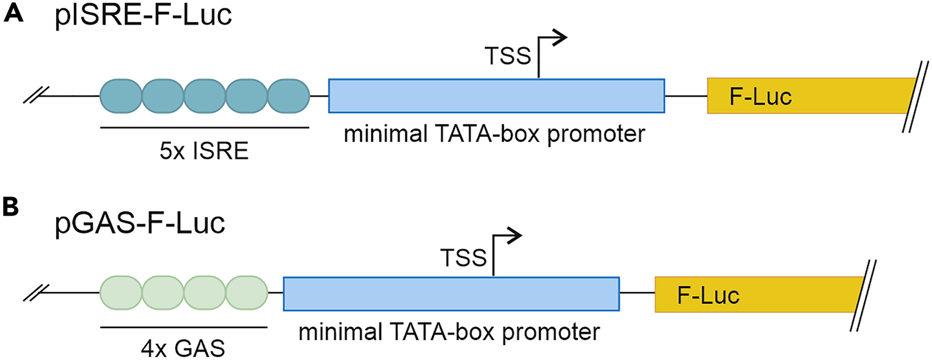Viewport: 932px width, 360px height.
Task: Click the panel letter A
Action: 13,12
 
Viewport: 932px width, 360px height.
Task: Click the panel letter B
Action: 11,207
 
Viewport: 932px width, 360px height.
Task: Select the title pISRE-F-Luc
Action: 143,15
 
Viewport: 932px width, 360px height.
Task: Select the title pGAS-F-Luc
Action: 140,223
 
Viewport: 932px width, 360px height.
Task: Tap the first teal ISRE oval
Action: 121,96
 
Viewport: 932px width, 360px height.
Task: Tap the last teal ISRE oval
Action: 288,96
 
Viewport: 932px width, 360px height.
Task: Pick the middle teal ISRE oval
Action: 204,96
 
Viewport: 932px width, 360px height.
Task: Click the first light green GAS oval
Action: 121,293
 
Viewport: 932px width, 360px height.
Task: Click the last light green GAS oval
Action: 246,293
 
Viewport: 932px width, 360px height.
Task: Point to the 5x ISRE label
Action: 204,151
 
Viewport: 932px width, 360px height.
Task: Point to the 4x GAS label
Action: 183,348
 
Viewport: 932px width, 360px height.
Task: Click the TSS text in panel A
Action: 508,56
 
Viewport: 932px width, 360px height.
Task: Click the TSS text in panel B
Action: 463,258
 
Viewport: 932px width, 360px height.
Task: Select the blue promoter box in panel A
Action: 496,96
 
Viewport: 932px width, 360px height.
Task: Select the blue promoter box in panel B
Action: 451,294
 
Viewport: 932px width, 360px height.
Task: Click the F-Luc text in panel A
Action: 760,97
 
